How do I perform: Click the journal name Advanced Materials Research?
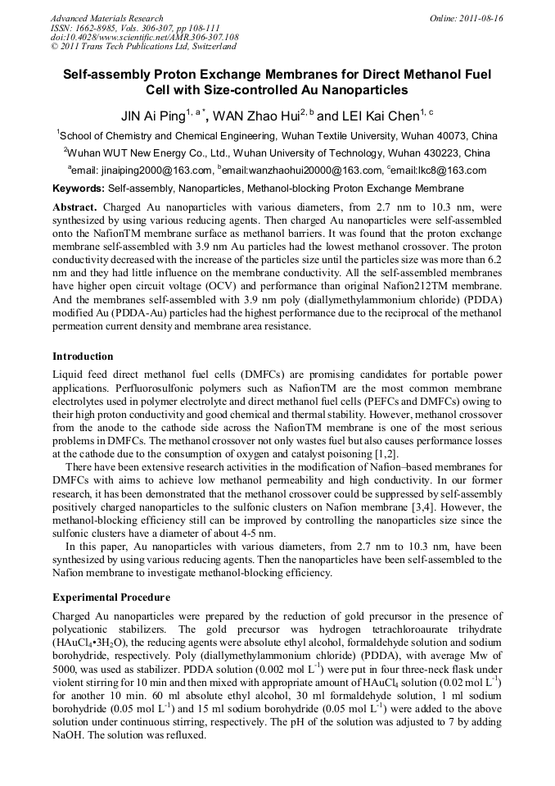click(106, 18)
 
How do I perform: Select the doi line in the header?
click(144, 37)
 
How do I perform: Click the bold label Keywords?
click(78, 189)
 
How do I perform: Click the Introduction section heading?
click(83, 357)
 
